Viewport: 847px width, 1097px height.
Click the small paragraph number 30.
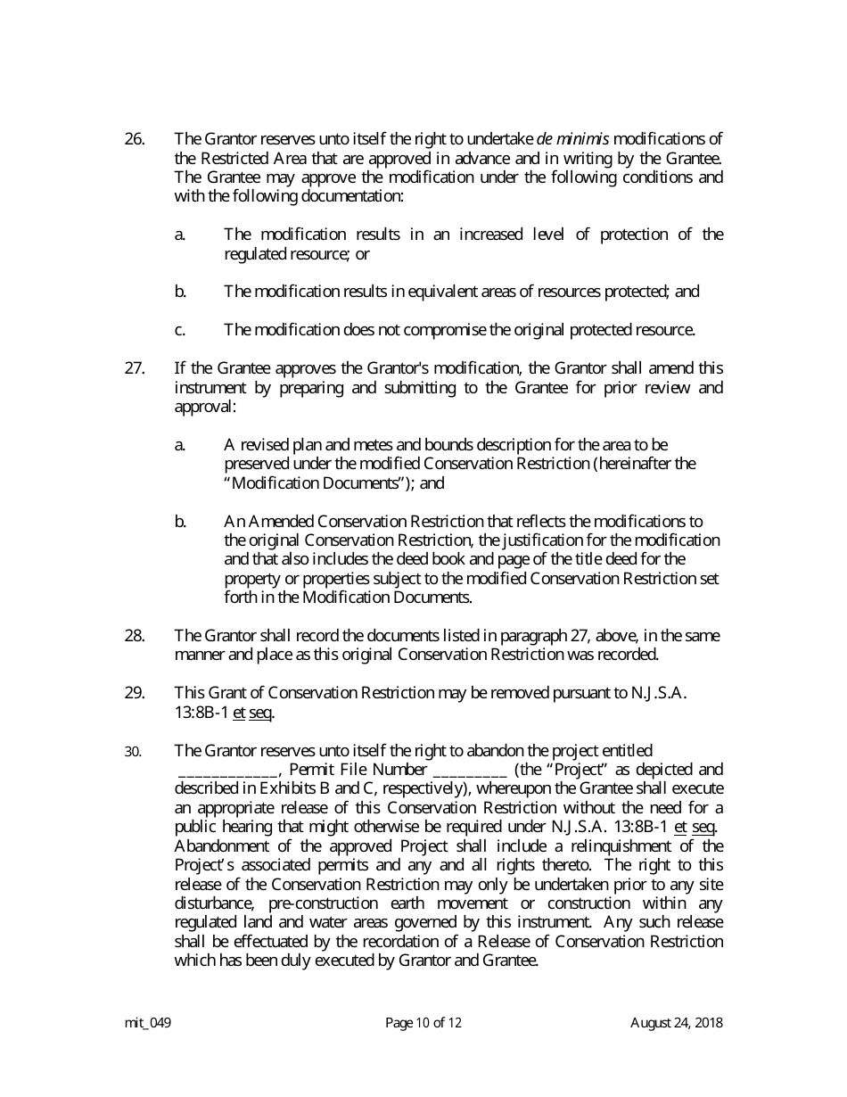coord(133,752)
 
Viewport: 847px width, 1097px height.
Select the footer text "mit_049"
coord(148,1023)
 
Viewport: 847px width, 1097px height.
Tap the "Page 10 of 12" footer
coord(423,1023)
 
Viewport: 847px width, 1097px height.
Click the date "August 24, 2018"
coord(677,1023)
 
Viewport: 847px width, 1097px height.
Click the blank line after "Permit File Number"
coord(470,771)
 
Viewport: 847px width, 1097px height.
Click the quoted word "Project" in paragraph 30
coord(580,770)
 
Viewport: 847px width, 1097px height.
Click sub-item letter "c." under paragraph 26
coord(180,330)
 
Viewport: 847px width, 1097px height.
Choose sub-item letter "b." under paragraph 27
coord(180,522)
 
